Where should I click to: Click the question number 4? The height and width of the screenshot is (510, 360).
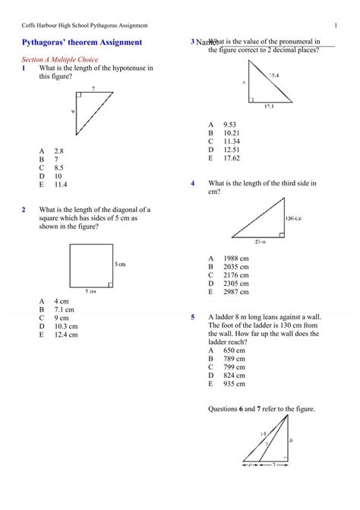(193, 184)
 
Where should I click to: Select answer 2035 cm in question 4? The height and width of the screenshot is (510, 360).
(236, 267)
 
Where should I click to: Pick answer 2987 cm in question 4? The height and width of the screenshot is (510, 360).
(236, 291)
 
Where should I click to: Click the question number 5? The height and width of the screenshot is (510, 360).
(193, 317)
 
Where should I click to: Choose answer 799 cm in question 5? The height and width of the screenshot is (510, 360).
(234, 367)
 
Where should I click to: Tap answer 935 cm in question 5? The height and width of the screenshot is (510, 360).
(234, 384)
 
